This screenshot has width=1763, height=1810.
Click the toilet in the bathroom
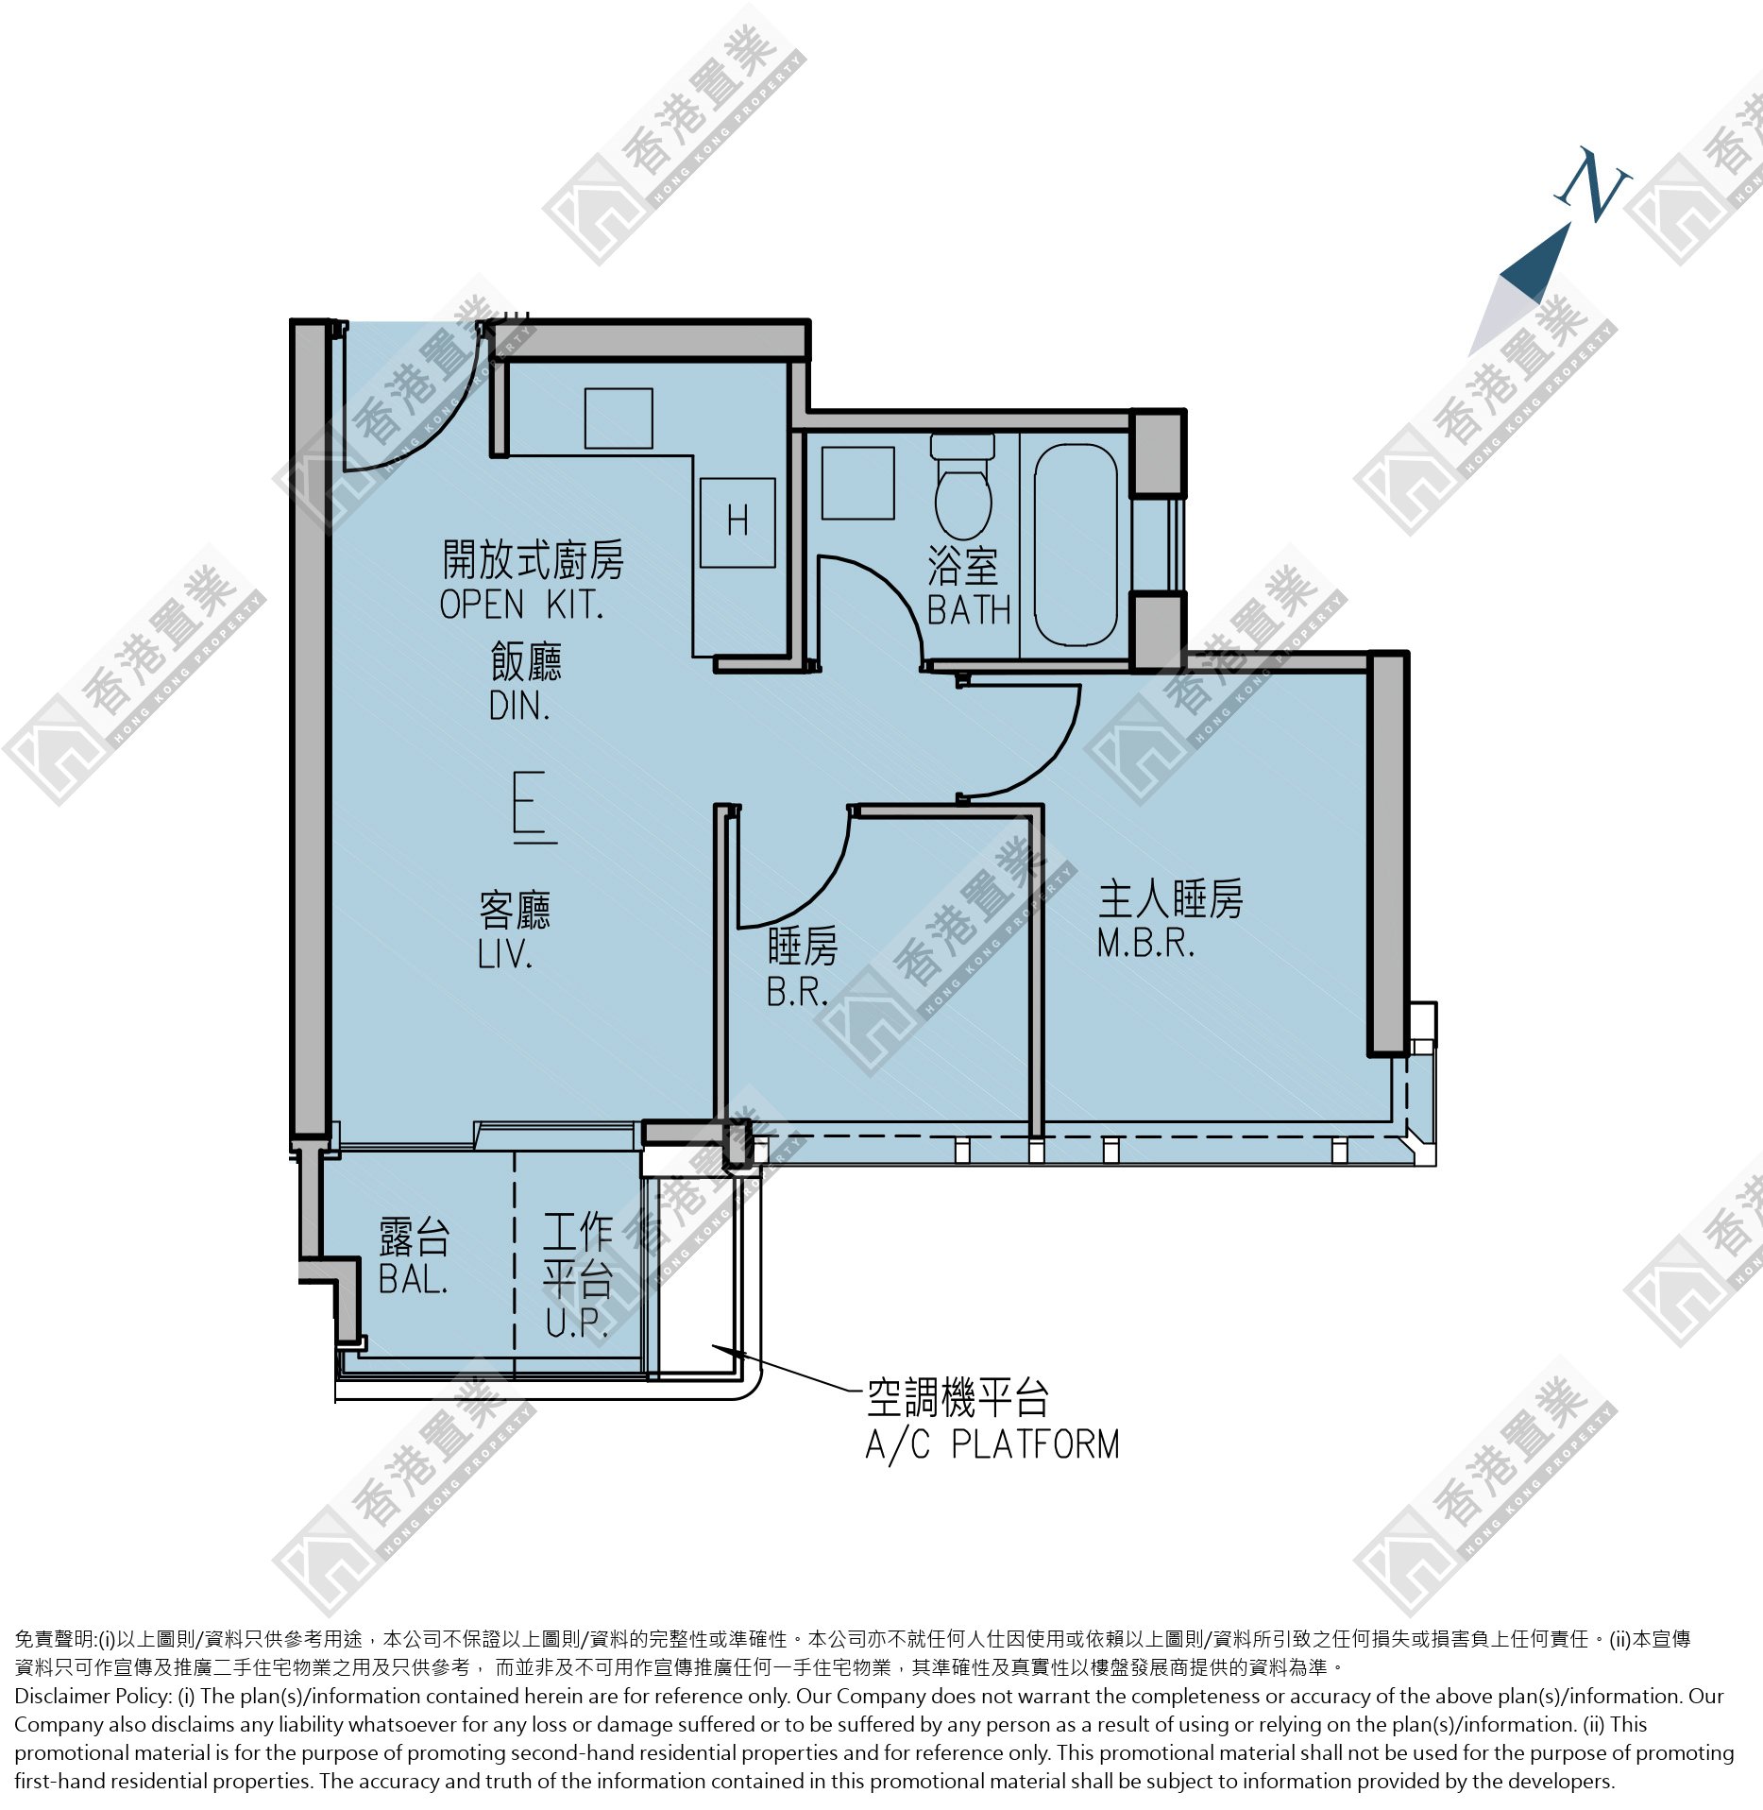click(x=962, y=487)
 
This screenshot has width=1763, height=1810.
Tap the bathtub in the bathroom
click(x=1076, y=545)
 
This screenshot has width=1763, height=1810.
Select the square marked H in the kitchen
click(x=737, y=522)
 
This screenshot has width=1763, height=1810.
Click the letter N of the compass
click(x=1593, y=185)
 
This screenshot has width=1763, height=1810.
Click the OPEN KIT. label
click(x=521, y=605)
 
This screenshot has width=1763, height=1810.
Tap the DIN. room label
click(x=519, y=706)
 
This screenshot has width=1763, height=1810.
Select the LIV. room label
click(x=505, y=955)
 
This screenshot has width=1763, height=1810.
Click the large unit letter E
click(x=534, y=807)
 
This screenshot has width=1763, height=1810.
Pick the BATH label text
click(x=969, y=610)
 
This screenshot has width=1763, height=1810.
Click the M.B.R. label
click(x=1145, y=943)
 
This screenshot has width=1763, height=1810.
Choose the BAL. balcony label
click(x=413, y=1279)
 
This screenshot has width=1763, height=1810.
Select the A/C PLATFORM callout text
click(x=992, y=1445)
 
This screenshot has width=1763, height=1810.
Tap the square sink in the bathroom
click(x=857, y=483)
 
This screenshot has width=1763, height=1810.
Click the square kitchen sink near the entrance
click(x=619, y=418)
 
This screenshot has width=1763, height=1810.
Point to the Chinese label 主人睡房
click(x=1171, y=898)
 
